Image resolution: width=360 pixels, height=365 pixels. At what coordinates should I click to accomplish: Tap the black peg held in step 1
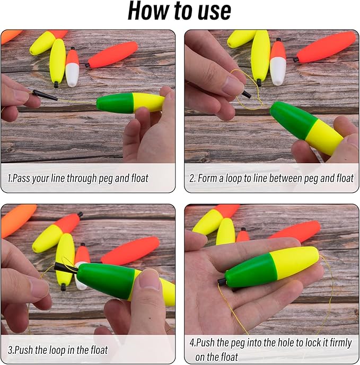[x=45, y=95]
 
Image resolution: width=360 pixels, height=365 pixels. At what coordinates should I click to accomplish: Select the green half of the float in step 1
[x=115, y=103]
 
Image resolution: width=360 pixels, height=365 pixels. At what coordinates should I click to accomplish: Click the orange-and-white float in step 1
[x=72, y=67]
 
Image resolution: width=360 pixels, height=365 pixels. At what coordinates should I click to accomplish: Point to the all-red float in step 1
[x=112, y=55]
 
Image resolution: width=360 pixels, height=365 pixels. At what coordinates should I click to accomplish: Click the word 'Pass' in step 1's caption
[x=22, y=179]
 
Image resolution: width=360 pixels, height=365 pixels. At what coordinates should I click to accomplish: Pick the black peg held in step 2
[x=246, y=94]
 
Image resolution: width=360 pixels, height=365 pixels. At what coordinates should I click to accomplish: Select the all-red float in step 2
[x=326, y=48]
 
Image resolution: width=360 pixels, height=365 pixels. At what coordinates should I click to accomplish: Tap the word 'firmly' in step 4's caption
[x=340, y=343]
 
